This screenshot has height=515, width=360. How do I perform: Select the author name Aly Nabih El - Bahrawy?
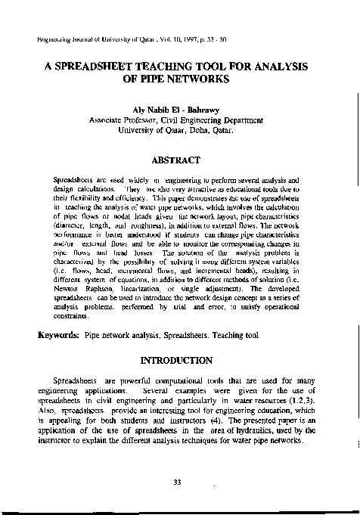coord(179,110)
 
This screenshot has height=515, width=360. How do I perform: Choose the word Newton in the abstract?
coord(70,289)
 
